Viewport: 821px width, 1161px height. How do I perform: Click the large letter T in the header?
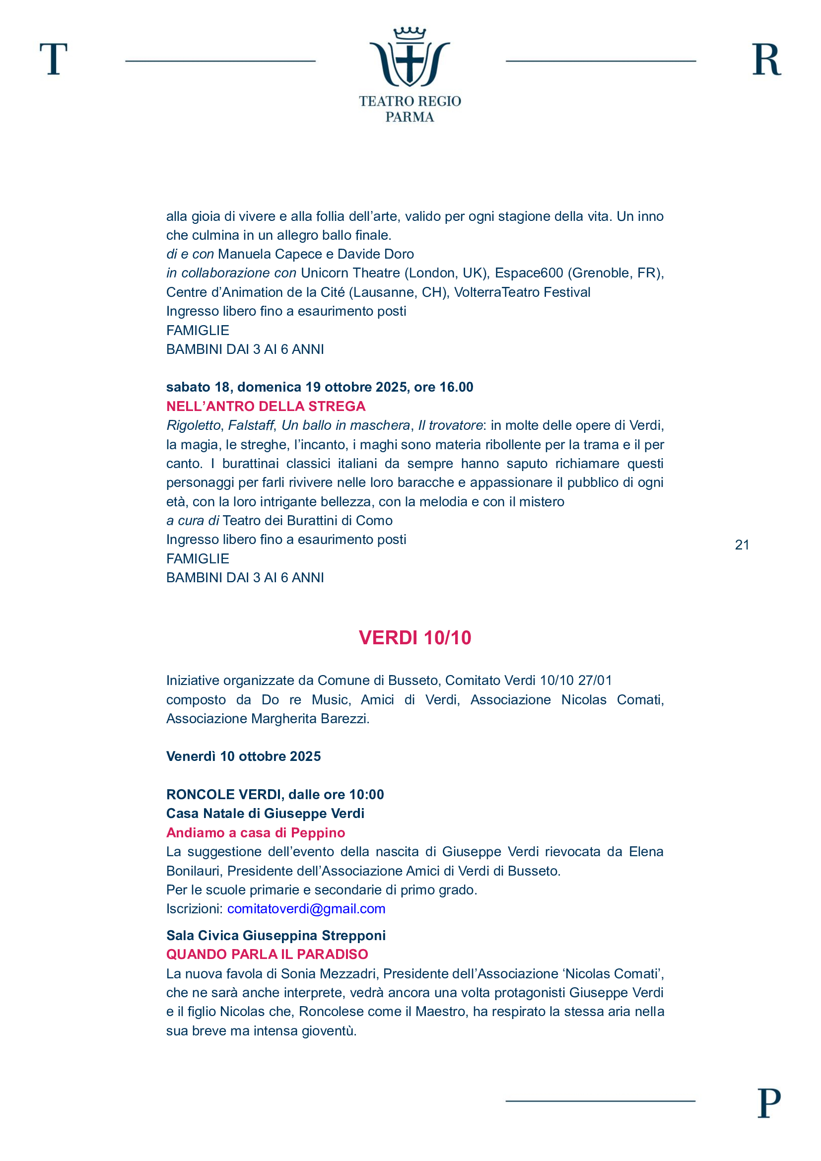(54, 59)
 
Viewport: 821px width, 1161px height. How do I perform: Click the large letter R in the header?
(766, 59)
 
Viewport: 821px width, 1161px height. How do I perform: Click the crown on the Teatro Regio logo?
(410, 34)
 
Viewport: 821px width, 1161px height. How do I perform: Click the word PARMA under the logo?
(410, 117)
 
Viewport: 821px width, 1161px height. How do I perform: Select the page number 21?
(742, 545)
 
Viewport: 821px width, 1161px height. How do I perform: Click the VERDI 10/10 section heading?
(414, 638)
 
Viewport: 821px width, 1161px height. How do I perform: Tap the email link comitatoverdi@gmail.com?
(306, 909)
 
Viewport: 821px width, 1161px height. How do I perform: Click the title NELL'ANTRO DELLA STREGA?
(266, 406)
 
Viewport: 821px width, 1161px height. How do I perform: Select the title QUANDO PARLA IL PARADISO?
(267, 954)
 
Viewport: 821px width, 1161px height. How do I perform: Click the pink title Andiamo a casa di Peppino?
(255, 832)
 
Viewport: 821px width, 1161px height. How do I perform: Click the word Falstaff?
(251, 425)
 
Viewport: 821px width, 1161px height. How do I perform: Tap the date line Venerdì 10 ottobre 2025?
(243, 756)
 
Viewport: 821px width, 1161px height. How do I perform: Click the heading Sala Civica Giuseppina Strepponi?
(275, 936)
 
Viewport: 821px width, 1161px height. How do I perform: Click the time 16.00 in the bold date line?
(456, 387)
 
